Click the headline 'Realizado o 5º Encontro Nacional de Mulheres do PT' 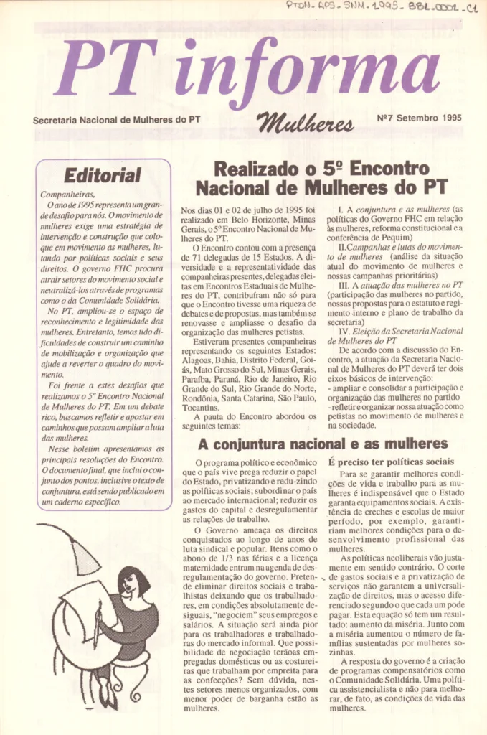pos(321,179)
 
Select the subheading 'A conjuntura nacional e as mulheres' pos(323,444)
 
